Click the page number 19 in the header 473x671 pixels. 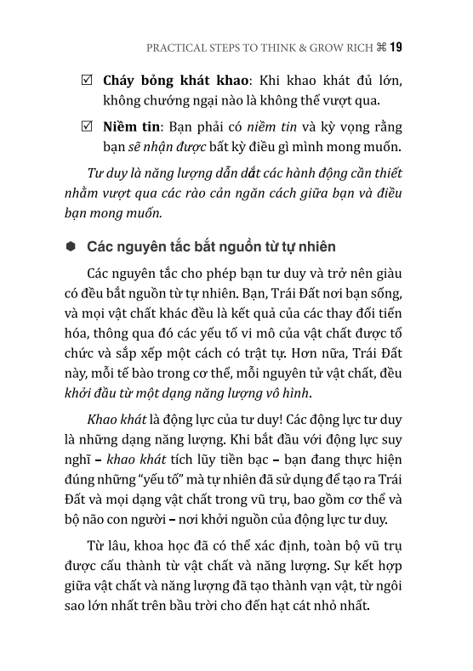point(396,48)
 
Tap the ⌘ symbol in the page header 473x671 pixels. point(380,48)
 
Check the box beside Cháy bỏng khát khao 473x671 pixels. point(87,82)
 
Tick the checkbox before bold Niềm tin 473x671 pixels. point(87,126)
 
